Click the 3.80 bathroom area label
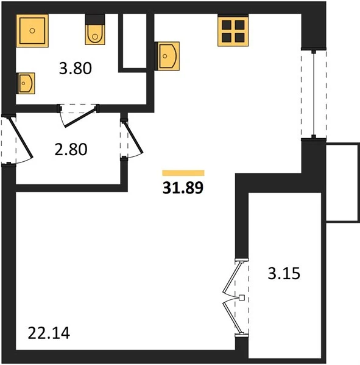(x=76, y=68)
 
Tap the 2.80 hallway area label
(x=71, y=149)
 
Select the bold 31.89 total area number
(x=183, y=187)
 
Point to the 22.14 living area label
(x=49, y=333)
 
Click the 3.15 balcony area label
(x=284, y=274)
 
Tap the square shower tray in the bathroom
(x=32, y=31)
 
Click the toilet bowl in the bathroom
(x=95, y=30)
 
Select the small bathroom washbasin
(x=26, y=83)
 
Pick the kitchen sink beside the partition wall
(x=167, y=56)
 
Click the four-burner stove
(x=233, y=31)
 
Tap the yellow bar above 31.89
(x=183, y=173)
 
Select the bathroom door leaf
(x=80, y=118)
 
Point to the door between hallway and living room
(x=134, y=137)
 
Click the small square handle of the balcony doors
(x=242, y=297)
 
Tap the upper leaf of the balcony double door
(x=231, y=277)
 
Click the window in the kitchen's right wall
(x=314, y=93)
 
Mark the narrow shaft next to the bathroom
(x=135, y=41)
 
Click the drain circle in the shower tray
(x=32, y=31)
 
